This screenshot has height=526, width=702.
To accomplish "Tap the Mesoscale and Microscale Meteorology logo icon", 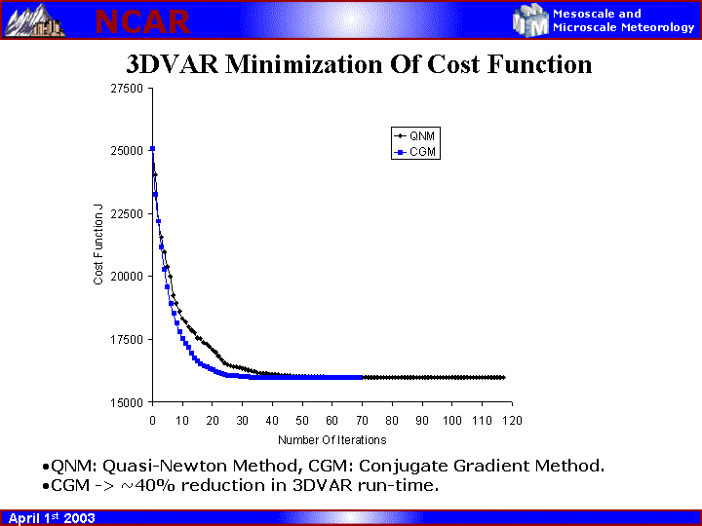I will [531, 19].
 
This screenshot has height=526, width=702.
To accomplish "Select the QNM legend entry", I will [414, 135].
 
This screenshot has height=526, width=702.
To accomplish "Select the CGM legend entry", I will [414, 152].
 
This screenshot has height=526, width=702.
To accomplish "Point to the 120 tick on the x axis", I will [512, 420].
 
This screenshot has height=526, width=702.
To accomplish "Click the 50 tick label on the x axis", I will [302, 420].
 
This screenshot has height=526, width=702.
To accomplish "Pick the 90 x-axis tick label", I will [422, 420].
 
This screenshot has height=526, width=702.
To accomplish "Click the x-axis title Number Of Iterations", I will [331, 440].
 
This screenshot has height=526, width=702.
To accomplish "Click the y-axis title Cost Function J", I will [98, 244].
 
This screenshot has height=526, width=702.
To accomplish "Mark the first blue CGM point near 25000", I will [153, 149].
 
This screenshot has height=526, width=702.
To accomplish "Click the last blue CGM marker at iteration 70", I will [362, 377].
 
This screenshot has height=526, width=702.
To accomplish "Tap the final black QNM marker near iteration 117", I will [502, 377].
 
